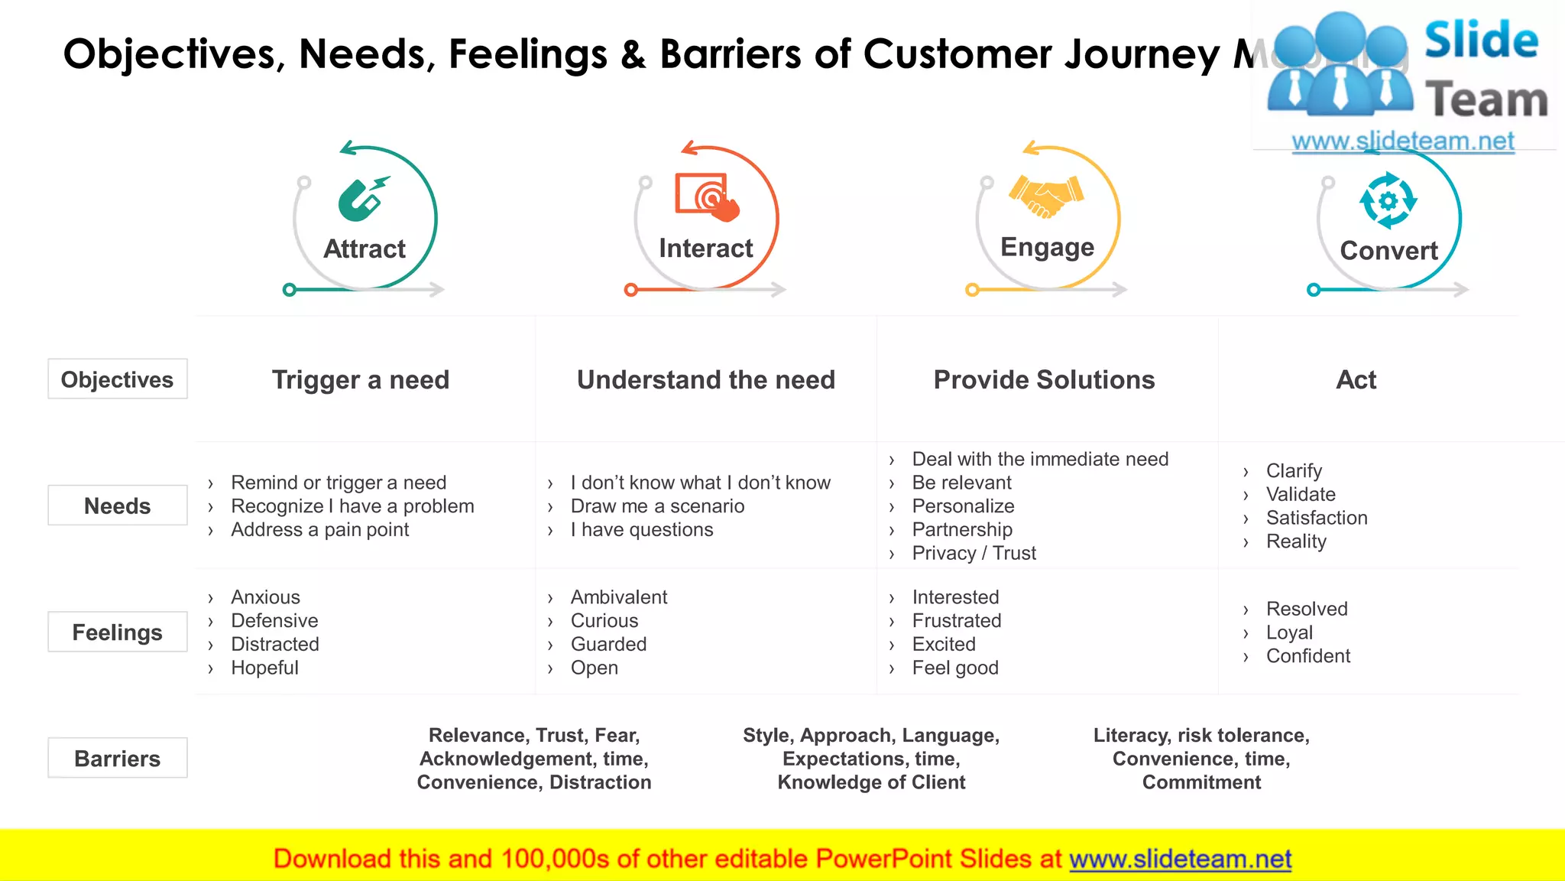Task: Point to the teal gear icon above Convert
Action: coord(1388,200)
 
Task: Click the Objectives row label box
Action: coord(117,379)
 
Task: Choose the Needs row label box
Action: coord(117,506)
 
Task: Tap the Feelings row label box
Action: coord(117,632)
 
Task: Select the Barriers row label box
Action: coord(117,758)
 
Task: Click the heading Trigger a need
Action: coord(361,379)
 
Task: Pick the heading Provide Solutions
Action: coord(1044,379)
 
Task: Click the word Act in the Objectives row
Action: coord(1356,379)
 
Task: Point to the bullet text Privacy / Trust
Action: coord(974,553)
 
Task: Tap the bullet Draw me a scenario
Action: coord(657,506)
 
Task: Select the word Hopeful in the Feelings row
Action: coord(264,668)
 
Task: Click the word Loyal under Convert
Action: coord(1289,632)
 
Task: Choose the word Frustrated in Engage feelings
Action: coord(956,621)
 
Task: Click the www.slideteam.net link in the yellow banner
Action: coord(1180,859)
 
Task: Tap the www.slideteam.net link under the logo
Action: coord(1402,141)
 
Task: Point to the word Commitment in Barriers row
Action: coord(1201,782)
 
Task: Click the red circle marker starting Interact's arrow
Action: coord(630,290)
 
